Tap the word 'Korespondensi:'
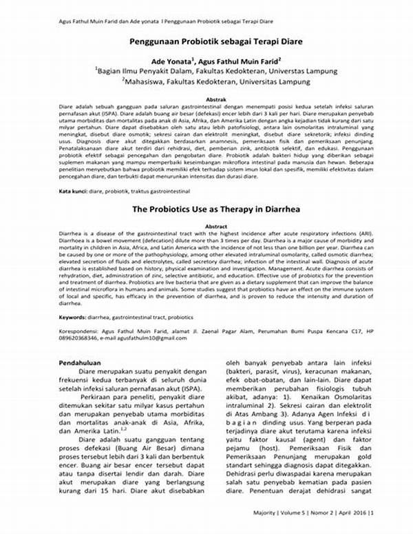(x=82, y=333)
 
